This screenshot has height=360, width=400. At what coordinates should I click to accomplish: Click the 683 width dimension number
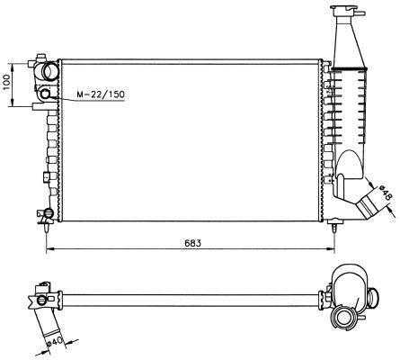click(x=191, y=243)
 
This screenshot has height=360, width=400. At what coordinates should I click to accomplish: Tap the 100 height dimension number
click(x=8, y=85)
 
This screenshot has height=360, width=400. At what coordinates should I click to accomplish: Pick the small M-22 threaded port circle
click(x=44, y=94)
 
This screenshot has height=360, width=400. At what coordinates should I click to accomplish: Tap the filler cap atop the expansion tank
click(x=346, y=13)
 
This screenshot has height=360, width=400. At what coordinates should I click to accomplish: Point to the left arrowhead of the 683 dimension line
click(x=48, y=249)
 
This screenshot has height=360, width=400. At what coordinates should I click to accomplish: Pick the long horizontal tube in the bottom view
click(x=180, y=297)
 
